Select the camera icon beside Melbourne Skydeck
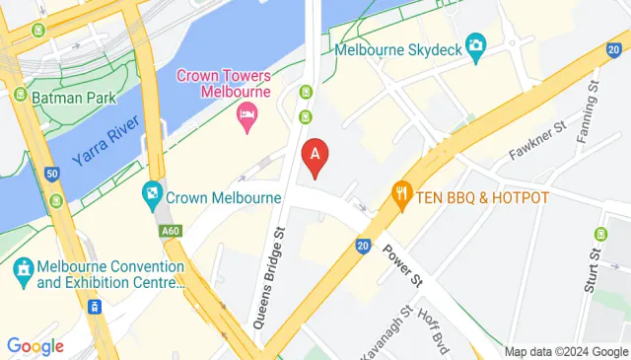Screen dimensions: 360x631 coord(476,44)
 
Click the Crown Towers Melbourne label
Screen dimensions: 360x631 coord(223,83)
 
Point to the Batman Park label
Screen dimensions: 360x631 coord(73,98)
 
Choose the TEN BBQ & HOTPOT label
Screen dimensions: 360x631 coord(481,197)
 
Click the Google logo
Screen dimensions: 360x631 coord(35,346)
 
